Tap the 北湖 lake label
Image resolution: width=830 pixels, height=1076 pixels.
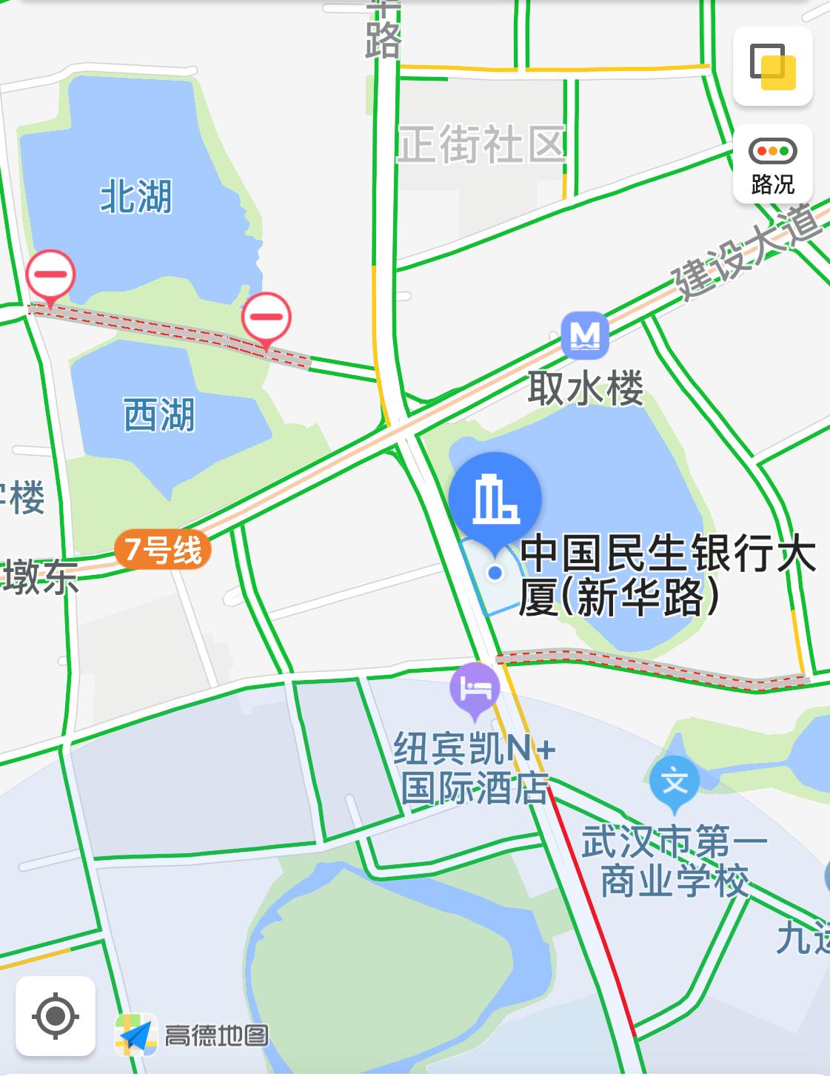point(135,197)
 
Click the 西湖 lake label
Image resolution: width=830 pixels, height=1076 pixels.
point(158,414)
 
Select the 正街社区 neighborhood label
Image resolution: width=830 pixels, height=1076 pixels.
point(482,144)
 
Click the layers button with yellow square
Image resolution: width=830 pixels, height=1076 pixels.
point(772,66)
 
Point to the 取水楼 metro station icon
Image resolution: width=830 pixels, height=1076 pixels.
point(585,336)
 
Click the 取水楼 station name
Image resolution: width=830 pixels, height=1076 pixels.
point(585,388)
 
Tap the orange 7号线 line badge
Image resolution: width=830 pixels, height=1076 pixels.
point(163,550)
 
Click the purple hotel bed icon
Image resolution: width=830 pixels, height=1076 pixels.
point(475,687)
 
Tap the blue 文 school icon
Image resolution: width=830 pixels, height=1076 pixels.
point(675,781)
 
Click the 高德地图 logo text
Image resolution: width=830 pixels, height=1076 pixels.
point(215,1035)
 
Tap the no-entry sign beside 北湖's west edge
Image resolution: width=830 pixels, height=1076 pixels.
point(50,275)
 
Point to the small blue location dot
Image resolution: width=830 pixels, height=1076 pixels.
point(495,572)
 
